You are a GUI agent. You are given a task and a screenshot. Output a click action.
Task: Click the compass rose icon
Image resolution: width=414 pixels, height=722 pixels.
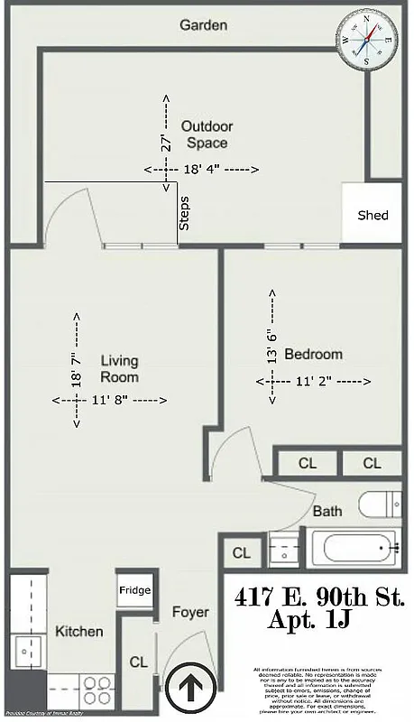click(x=368, y=39)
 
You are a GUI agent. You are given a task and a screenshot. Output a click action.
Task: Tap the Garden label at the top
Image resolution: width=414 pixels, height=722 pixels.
click(x=203, y=25)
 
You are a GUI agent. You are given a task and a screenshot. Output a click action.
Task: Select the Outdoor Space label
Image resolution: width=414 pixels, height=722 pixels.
click(x=206, y=134)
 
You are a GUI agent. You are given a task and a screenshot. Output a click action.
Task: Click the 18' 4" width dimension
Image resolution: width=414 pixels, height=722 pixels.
click(x=201, y=170)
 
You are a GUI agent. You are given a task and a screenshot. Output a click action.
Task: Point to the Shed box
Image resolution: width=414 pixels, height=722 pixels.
click(x=373, y=215)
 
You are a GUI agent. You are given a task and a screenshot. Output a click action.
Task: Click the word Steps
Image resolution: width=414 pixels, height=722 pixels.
click(x=185, y=213)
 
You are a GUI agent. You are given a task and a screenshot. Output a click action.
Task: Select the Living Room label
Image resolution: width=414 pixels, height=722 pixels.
click(x=119, y=368)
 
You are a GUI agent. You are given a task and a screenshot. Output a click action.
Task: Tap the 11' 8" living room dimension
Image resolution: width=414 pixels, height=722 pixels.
click(x=109, y=399)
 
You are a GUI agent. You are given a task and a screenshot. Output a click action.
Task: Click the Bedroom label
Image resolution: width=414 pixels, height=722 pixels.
click(x=313, y=354)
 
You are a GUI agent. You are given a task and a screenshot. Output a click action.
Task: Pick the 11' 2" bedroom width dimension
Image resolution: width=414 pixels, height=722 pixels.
click(x=315, y=382)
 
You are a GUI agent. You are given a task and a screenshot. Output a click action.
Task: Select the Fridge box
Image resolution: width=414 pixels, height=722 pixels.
click(x=133, y=590)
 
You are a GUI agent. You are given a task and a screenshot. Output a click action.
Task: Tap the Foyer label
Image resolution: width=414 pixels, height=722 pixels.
click(x=190, y=613)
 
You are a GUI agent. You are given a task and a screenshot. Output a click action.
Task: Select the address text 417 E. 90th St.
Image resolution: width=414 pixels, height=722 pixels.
click(x=319, y=597)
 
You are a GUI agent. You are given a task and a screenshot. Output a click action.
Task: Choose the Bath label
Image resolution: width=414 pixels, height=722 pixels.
click(x=327, y=512)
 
